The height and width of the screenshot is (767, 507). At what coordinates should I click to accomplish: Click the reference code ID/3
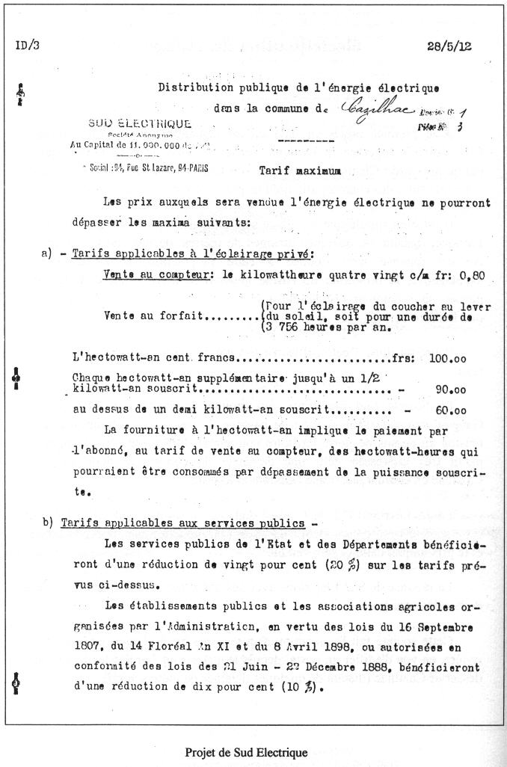[x=28, y=46]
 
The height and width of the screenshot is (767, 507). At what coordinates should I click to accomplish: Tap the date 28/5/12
[x=449, y=46]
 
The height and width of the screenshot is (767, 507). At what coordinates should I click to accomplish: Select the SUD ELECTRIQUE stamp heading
[x=140, y=124]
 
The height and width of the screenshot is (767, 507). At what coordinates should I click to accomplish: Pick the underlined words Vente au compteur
[x=156, y=275]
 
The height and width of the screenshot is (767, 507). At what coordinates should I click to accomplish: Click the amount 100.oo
[x=448, y=358]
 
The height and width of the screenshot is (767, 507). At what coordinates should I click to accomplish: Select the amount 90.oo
[x=451, y=390]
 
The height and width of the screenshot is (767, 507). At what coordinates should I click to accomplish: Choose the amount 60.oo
[x=451, y=410]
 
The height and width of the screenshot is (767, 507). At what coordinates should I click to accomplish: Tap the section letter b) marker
[x=49, y=523]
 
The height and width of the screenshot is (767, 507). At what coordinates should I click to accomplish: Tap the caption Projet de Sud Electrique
[x=246, y=753]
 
